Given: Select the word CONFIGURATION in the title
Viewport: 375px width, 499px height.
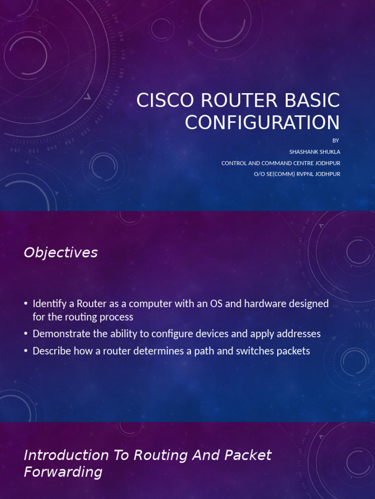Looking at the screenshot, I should coord(262,122).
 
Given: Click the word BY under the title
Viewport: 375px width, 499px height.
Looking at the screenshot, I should coord(335,140).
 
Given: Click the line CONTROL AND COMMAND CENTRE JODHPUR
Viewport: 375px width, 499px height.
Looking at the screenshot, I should coord(281,163).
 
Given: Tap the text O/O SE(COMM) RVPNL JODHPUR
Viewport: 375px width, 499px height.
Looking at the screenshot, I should coord(297,174).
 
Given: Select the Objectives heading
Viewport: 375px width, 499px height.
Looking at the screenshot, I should coord(61,252).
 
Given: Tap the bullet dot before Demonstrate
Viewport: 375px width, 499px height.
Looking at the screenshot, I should coord(26,334).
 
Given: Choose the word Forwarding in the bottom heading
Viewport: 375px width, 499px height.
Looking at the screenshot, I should coord(63,472).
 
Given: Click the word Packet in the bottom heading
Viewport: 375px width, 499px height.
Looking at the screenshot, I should coord(248,455).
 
